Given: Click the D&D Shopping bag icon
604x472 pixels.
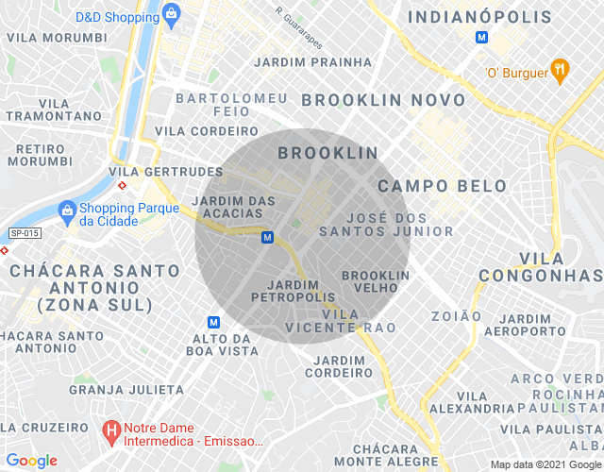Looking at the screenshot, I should coord(171,12).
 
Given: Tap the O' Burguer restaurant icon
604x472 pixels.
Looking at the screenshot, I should coord(561,69).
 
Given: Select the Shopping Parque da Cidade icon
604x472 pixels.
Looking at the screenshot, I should coord(66,210).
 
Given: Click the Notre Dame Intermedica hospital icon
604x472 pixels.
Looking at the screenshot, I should coord(110,431).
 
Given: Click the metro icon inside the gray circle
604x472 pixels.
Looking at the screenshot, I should coord(268,237).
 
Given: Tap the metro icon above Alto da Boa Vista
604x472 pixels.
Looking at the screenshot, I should coord(214,321).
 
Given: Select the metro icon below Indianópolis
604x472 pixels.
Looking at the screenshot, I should coord(481,38).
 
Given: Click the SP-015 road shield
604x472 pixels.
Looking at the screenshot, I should coord(25,233).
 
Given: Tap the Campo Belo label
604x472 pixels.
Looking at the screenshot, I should coord(442,186).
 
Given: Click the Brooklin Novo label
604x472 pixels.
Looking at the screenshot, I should coord(382,100).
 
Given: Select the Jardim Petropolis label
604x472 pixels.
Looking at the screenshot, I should coord(293,291).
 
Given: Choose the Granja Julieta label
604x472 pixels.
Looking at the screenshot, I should coord(126,389).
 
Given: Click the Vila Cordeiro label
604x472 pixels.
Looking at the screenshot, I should coord(193,131).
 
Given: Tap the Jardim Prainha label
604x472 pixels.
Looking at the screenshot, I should coord(314,62).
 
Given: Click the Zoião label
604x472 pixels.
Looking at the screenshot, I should coord(456,316).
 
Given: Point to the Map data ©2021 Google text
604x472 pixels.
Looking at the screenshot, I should coord(545,464).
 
